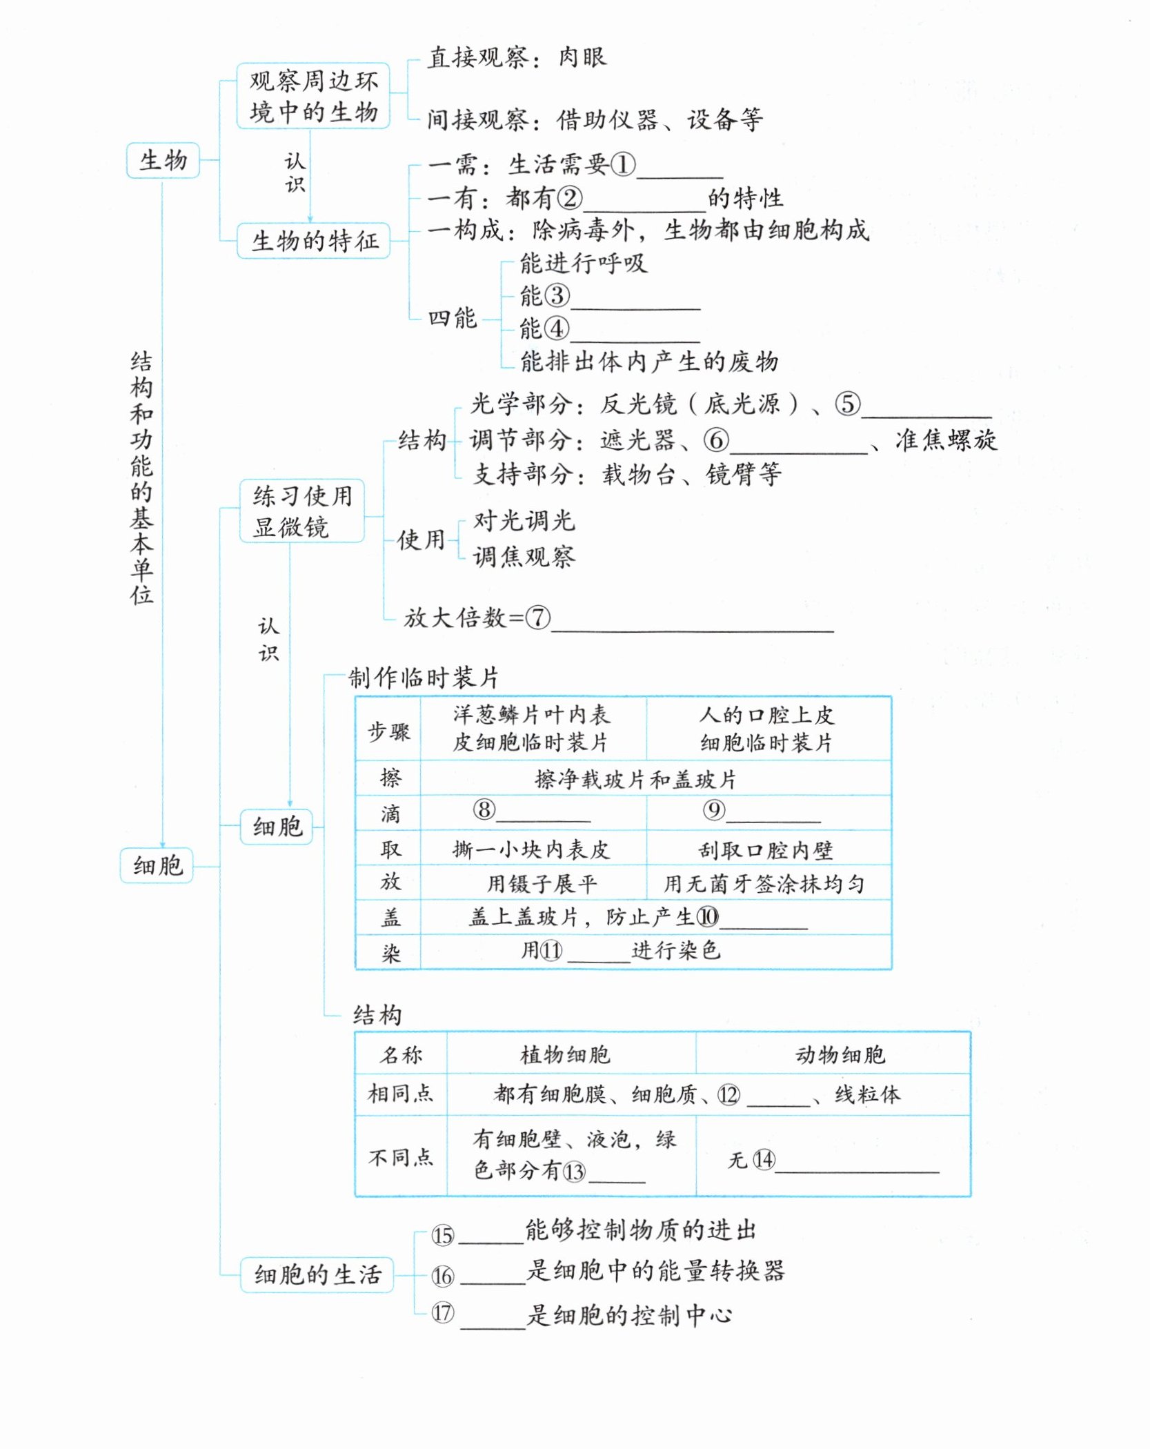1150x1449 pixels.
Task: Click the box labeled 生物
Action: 163,161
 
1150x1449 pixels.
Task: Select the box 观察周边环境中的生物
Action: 313,96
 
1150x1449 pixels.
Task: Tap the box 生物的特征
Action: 314,241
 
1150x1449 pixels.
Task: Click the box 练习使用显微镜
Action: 302,511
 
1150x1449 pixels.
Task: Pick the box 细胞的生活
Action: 317,1274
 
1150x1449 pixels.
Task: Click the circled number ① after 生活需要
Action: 622,165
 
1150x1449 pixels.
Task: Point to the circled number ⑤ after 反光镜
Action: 847,404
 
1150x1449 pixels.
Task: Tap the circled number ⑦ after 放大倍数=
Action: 537,617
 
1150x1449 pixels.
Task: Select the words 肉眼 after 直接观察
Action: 582,57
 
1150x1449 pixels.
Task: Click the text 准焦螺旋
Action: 946,440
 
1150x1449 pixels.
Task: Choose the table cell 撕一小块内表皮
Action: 531,849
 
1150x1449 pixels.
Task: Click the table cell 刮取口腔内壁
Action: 766,849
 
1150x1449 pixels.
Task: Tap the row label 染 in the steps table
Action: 390,953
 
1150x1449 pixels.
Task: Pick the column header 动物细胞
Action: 840,1054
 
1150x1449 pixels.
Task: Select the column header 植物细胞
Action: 565,1054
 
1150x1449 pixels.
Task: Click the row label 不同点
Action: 400,1157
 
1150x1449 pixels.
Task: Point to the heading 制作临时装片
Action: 423,678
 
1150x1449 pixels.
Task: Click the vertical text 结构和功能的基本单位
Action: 141,478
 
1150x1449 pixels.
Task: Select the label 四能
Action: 452,318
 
